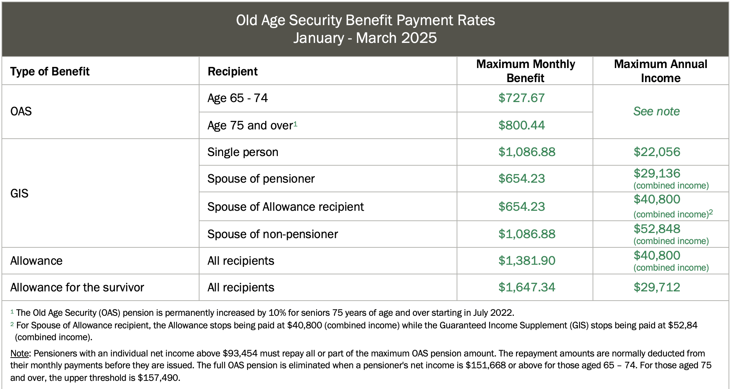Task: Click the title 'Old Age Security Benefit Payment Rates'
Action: point(365,21)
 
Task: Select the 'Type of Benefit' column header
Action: point(50,71)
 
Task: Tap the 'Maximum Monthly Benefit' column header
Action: point(525,71)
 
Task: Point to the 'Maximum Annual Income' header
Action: point(660,71)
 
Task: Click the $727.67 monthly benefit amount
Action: point(521,98)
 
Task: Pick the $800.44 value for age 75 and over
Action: point(521,125)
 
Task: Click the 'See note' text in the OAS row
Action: point(656,111)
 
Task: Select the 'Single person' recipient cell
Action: point(243,152)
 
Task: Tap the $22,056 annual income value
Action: point(656,152)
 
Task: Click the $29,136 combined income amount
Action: point(656,173)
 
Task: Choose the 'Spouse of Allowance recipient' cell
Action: point(286,207)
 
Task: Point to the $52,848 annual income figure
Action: point(656,229)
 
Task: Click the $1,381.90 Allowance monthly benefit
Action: point(526,261)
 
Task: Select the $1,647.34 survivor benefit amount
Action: point(526,287)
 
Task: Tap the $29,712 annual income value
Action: point(656,287)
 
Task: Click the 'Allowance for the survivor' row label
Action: point(77,287)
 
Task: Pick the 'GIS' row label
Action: point(19,193)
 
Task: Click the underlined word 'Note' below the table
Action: point(20,354)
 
